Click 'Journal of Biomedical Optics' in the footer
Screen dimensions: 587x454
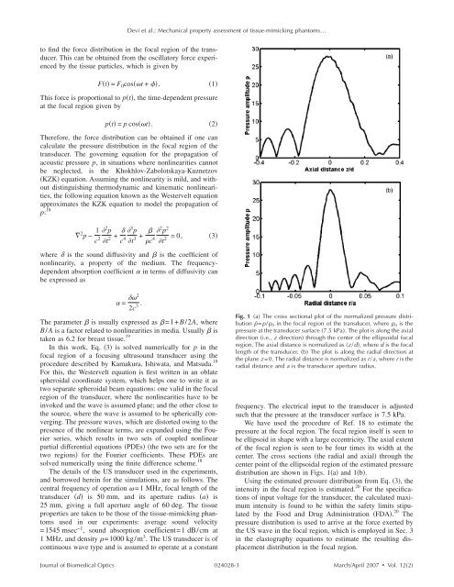[x=63, y=575]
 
